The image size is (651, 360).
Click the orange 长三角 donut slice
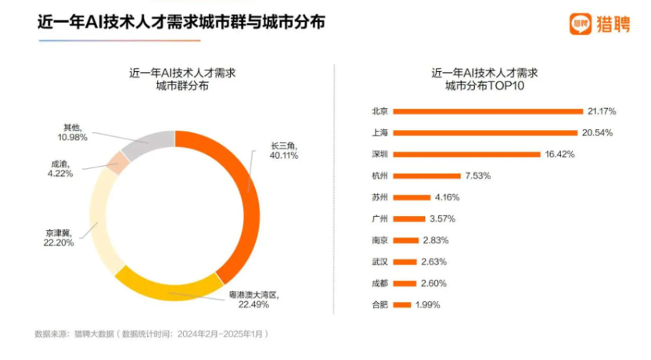pyautogui.click(x=247, y=196)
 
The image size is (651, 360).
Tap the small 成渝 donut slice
pyautogui.click(x=118, y=162)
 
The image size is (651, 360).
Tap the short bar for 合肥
pyautogui.click(x=402, y=304)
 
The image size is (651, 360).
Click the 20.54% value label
pyautogui.click(x=597, y=132)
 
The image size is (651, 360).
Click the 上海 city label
pyautogui.click(x=380, y=132)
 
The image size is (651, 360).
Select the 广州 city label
pyautogui.click(x=380, y=218)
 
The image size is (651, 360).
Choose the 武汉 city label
pyautogui.click(x=380, y=261)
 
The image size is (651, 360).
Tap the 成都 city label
pyautogui.click(x=380, y=283)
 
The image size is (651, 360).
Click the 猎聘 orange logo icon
pyautogui.click(x=579, y=23)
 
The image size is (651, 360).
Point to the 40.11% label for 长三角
pyautogui.click(x=284, y=156)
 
